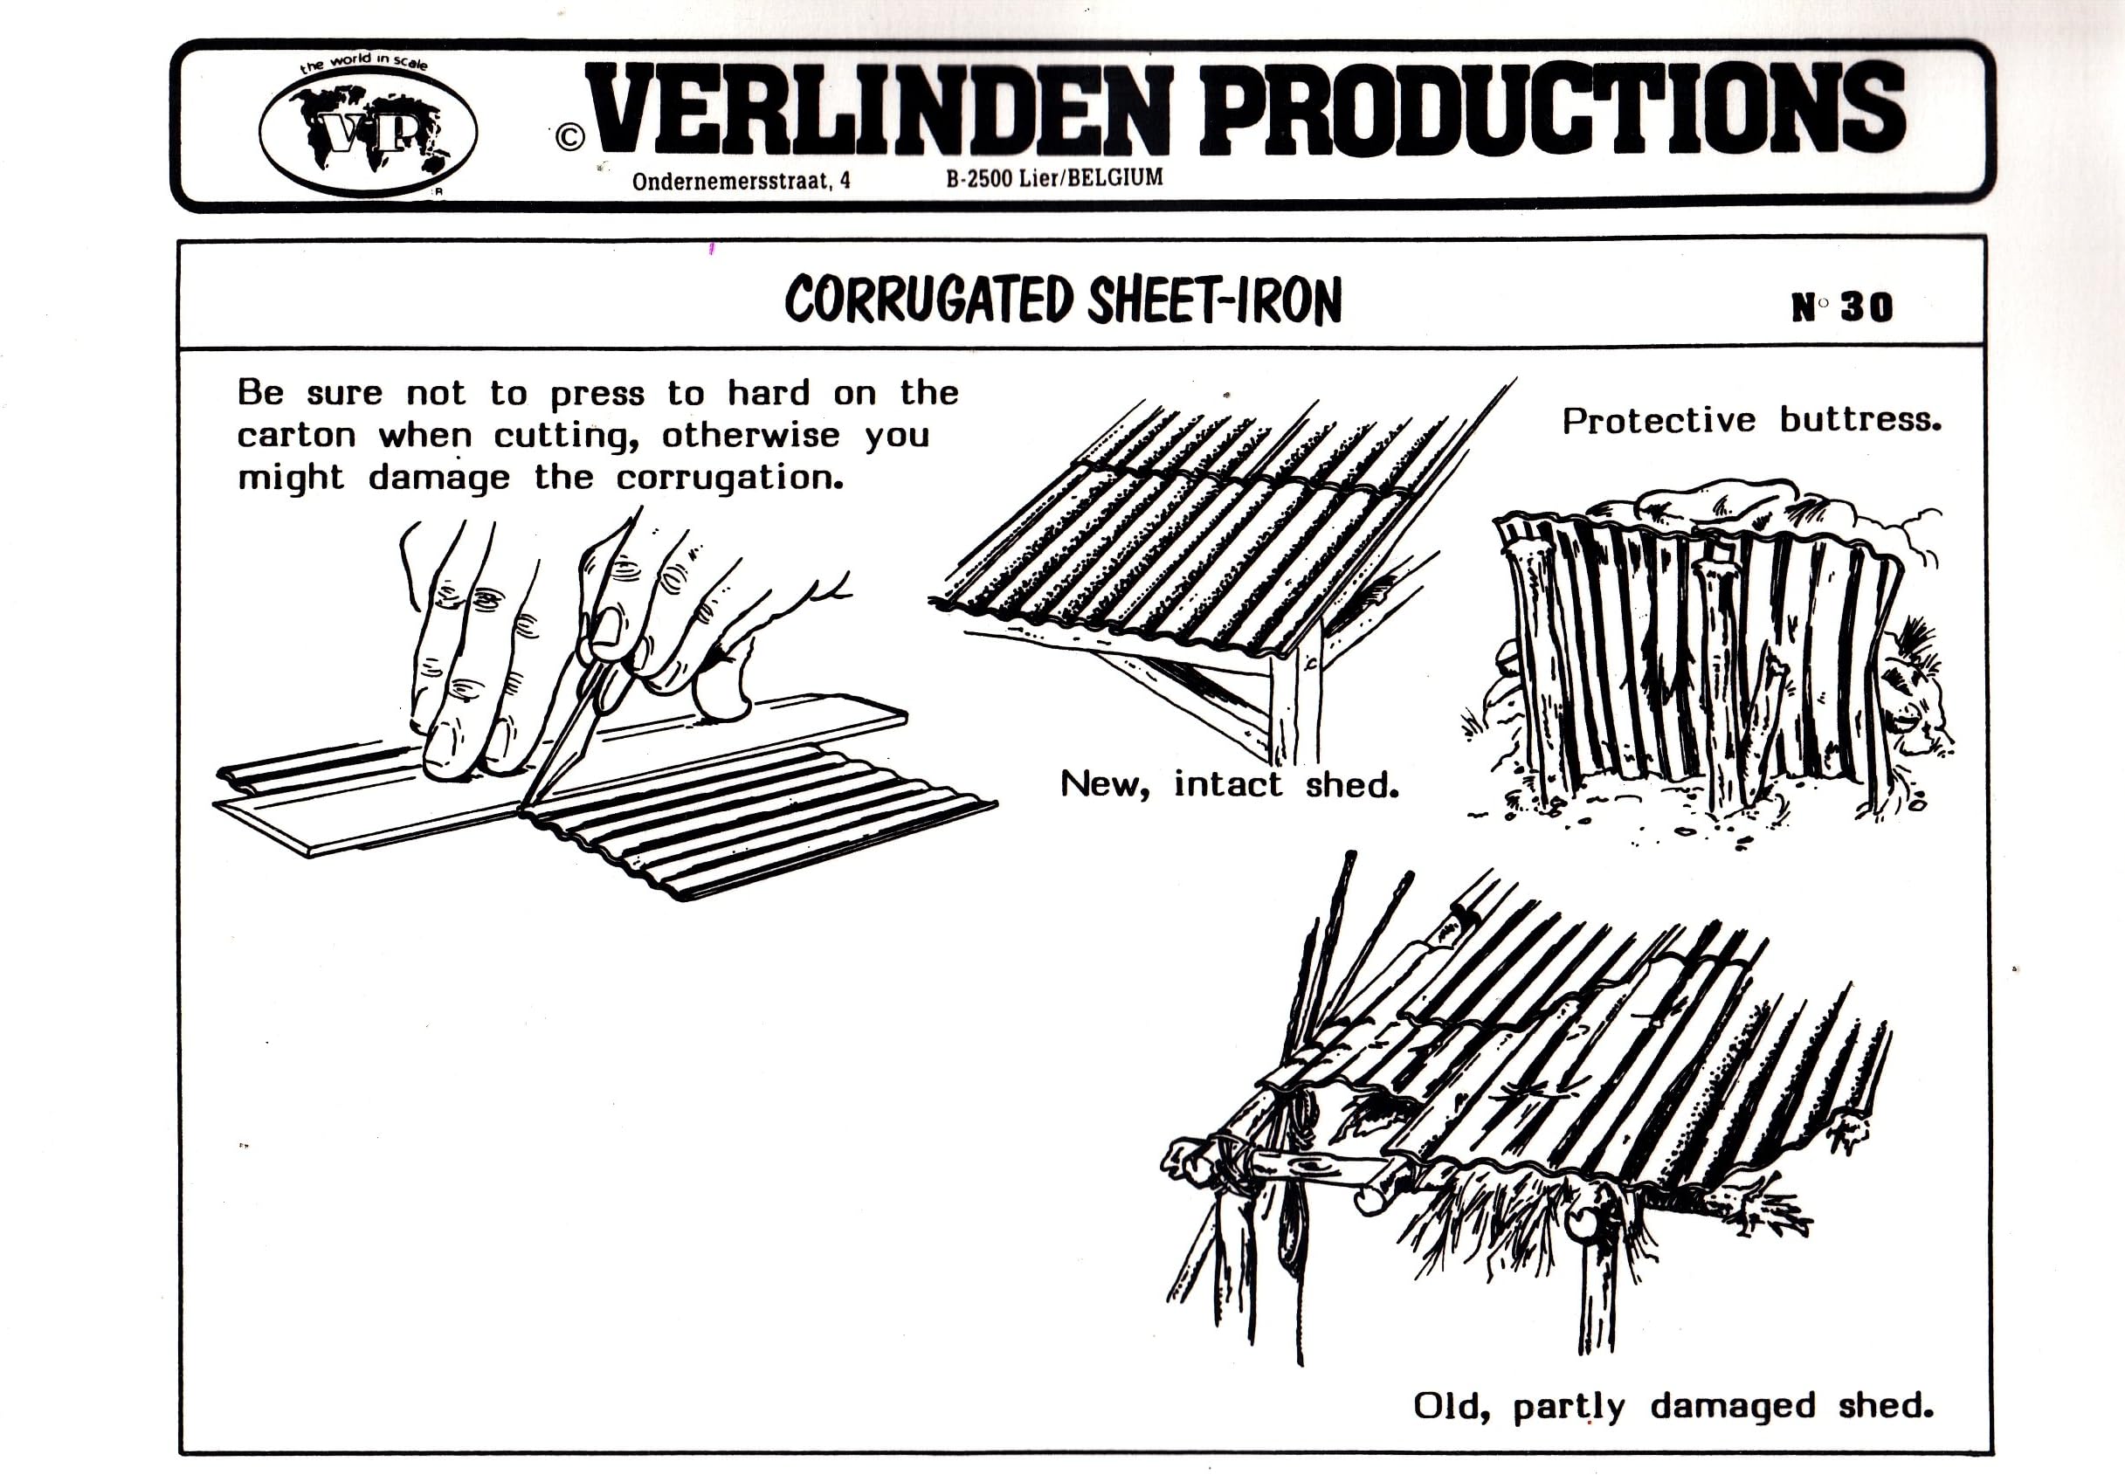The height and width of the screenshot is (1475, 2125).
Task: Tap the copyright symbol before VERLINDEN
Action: click(570, 137)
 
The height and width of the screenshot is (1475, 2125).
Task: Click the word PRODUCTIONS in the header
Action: click(1551, 109)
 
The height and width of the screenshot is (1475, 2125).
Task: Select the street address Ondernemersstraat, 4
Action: click(741, 181)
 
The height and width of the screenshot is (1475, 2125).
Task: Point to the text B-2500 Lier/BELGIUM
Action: click(1053, 177)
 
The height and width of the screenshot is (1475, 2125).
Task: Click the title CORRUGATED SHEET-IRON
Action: click(1062, 300)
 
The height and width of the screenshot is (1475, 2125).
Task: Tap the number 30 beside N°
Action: click(1866, 307)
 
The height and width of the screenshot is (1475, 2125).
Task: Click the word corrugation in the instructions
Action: click(729, 479)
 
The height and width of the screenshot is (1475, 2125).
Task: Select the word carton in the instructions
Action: click(296, 435)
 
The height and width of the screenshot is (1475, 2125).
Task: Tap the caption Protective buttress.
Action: click(1750, 421)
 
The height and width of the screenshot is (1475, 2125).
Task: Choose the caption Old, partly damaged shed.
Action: click(1673, 1406)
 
